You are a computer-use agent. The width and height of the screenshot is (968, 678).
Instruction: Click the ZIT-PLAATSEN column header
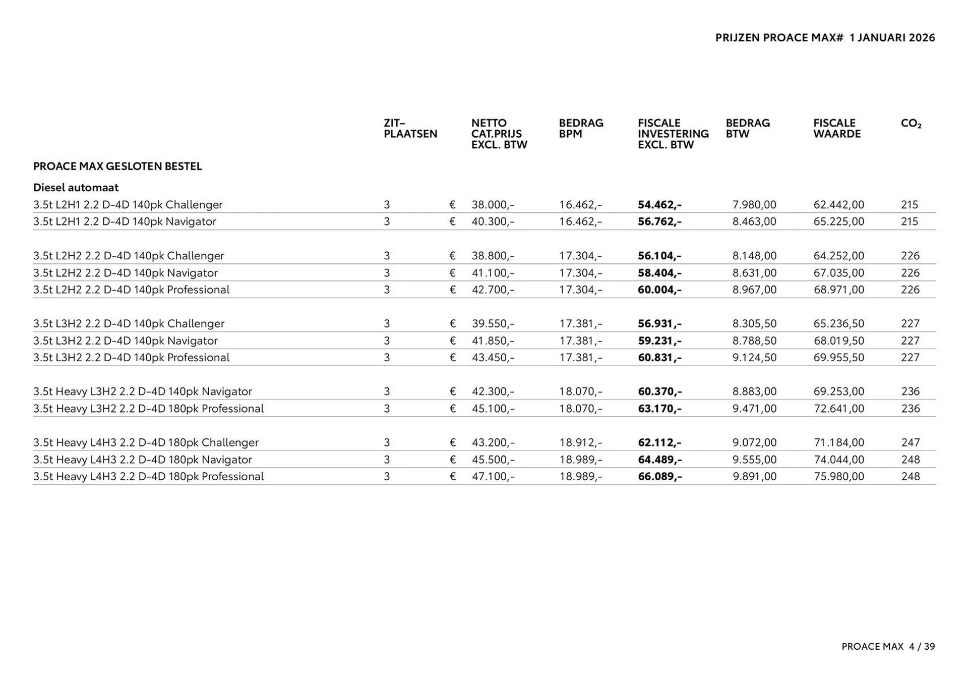pyautogui.click(x=410, y=129)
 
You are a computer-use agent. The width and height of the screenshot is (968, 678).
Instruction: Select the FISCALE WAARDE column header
pyautogui.click(x=836, y=129)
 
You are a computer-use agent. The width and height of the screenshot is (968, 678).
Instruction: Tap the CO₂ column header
pyautogui.click(x=911, y=124)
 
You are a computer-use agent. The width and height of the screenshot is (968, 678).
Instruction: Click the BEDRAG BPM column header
pyautogui.click(x=581, y=129)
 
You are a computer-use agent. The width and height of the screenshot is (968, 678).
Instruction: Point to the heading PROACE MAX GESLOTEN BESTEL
pyautogui.click(x=117, y=166)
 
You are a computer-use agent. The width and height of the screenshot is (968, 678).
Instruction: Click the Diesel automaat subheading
pyautogui.click(x=76, y=188)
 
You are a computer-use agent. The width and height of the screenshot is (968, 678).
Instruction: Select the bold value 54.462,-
pyautogui.click(x=659, y=205)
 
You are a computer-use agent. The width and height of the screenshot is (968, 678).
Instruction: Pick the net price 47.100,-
pyautogui.click(x=493, y=477)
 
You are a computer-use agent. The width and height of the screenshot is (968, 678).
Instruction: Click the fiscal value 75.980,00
pyautogui.click(x=838, y=477)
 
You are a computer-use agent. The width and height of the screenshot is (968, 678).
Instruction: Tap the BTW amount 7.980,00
pyautogui.click(x=754, y=205)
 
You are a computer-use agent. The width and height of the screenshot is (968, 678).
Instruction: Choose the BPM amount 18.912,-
pyautogui.click(x=580, y=443)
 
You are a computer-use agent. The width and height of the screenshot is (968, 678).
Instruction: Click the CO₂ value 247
pyautogui.click(x=911, y=443)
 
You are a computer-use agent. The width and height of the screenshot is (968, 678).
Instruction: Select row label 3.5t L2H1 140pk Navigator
pyautogui.click(x=125, y=222)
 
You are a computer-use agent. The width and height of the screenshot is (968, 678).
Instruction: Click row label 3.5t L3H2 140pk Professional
pyautogui.click(x=131, y=358)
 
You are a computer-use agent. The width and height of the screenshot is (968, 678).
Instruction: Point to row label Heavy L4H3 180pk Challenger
pyautogui.click(x=146, y=443)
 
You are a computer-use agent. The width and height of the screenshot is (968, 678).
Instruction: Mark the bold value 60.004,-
pyautogui.click(x=659, y=290)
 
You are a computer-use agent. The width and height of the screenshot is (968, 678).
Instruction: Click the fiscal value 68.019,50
pyautogui.click(x=838, y=341)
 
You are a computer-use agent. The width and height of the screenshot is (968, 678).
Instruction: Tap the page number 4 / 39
pyautogui.click(x=922, y=647)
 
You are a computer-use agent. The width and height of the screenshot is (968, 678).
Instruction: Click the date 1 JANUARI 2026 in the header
pyautogui.click(x=892, y=38)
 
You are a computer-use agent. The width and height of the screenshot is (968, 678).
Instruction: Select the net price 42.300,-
pyautogui.click(x=493, y=392)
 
